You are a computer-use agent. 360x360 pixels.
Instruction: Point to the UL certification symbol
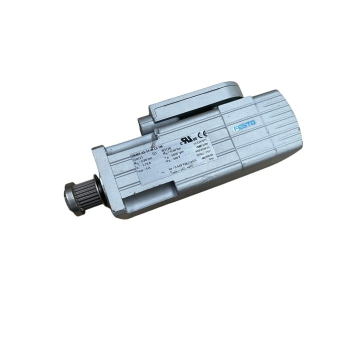[188, 137]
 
